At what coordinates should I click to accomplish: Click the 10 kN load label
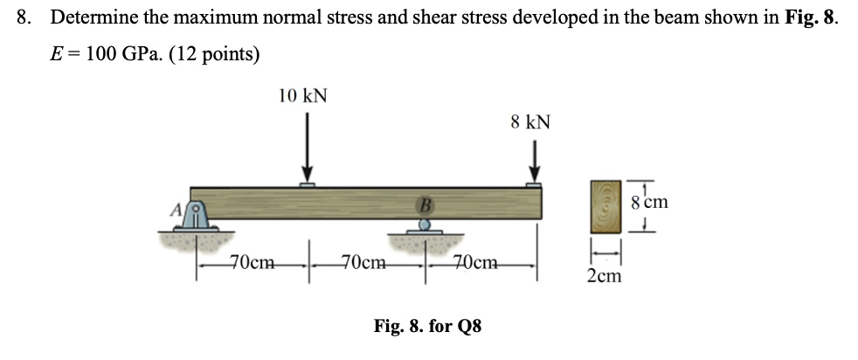[x=303, y=95]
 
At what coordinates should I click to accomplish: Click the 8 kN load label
[x=530, y=121]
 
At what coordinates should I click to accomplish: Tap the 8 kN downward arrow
[x=534, y=163]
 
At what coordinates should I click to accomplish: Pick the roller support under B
[x=424, y=226]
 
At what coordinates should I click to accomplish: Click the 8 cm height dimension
[x=649, y=202]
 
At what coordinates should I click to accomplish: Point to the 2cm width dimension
[x=605, y=276]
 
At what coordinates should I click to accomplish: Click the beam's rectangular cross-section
[x=604, y=206]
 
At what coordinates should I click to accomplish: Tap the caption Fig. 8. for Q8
[x=427, y=327]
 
